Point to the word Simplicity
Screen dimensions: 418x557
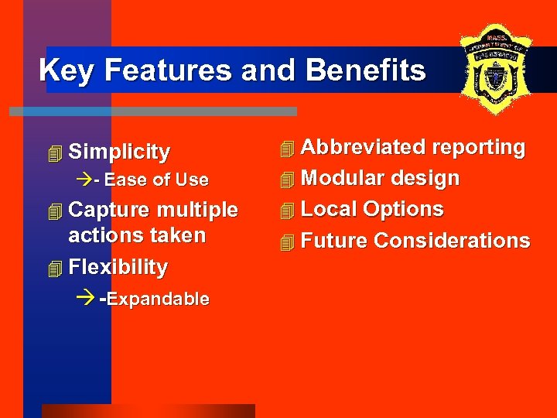(119, 152)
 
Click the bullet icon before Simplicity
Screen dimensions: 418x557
(53, 153)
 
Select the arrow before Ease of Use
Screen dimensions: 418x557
(84, 180)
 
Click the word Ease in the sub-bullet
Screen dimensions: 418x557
(125, 180)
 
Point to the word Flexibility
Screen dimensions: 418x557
(118, 267)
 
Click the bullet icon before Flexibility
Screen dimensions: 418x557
(53, 269)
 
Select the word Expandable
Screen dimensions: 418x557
(159, 300)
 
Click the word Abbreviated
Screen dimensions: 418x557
(363, 147)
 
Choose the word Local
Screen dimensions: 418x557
(329, 209)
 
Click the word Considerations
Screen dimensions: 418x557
(452, 241)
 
